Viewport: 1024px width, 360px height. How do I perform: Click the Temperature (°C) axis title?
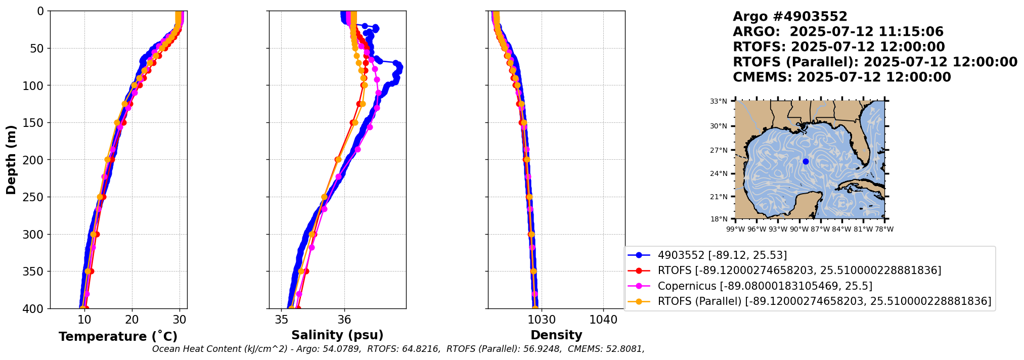[x=118, y=337]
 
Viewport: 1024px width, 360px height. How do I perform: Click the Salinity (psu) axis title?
[x=337, y=335]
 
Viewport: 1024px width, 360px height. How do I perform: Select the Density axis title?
[x=556, y=335]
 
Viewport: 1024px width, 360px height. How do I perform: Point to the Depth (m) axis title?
[x=11, y=160]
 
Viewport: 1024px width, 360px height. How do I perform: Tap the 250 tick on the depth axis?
[x=34, y=197]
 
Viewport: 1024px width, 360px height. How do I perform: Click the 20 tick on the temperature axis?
[x=132, y=320]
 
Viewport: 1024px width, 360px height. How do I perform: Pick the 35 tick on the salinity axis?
[x=282, y=320]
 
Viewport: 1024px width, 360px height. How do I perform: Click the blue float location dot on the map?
[x=806, y=161]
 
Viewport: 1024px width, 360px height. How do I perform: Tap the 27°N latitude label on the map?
[x=718, y=150]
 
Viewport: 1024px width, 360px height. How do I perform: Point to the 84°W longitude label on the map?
[x=841, y=230]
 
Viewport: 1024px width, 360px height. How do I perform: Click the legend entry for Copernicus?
[x=765, y=286]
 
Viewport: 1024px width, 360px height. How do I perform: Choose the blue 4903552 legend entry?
[x=722, y=255]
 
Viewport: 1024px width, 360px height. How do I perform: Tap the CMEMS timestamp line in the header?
[x=841, y=77]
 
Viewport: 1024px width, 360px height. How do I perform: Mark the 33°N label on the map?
[x=718, y=101]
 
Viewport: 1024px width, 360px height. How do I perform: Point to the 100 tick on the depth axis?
[x=34, y=85]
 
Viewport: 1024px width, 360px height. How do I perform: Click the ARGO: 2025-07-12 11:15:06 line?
[x=838, y=32]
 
